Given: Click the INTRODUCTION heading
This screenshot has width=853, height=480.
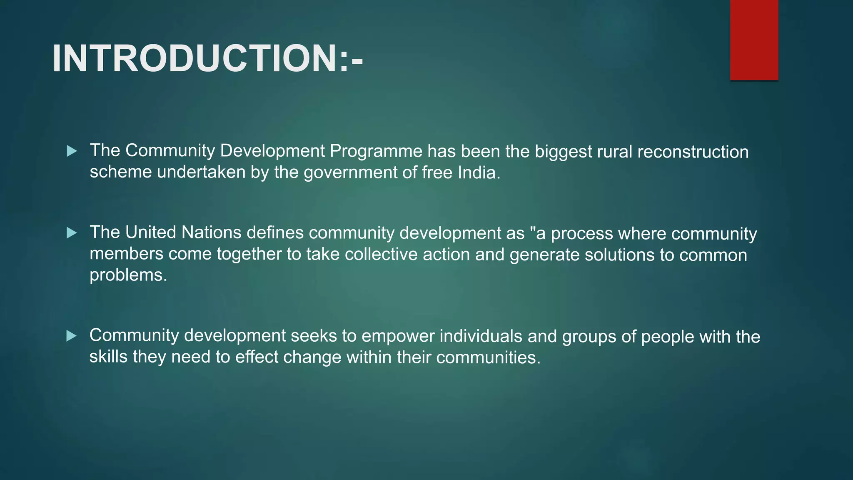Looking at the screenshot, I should [207, 59].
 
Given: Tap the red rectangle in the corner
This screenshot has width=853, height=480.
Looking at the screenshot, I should [754, 40].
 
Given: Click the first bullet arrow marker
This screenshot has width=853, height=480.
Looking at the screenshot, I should [72, 151].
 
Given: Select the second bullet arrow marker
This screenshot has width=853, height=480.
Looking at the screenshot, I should [72, 233].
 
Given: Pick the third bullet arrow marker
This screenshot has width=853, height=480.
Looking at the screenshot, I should [72, 336].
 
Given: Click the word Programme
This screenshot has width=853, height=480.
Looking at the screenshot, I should [376, 152].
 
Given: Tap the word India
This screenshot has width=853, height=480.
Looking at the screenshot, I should [479, 172].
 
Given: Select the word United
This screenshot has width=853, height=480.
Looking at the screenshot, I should [151, 232].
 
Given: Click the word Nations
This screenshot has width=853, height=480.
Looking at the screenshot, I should [211, 232].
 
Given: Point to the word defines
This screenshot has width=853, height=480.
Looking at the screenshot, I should [275, 232].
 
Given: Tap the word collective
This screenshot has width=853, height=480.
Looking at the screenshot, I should [381, 254].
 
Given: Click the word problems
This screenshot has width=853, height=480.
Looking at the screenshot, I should [128, 275].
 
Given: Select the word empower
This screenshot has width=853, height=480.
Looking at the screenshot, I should [395, 336].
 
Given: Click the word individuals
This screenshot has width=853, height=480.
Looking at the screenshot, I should [481, 336].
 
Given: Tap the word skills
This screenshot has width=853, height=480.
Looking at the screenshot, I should [108, 357].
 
